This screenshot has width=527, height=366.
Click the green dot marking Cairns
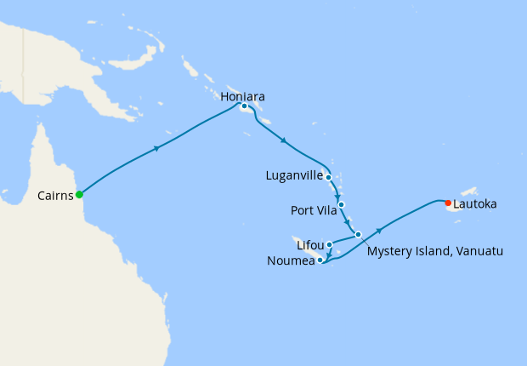tap(79, 194)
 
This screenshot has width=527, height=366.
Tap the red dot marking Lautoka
tap(448, 203)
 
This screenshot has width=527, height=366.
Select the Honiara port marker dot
tap(244, 106)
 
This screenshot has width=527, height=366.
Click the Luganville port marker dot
tap(328, 177)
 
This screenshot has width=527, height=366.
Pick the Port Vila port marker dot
tap(341, 204)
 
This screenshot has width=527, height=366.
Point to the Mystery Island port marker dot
tap(358, 234)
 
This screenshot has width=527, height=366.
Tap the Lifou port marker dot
tap(329, 244)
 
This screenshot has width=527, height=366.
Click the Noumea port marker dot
tap(320, 260)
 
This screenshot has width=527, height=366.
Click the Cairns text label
tap(55, 195)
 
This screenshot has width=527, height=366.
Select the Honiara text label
tap(242, 96)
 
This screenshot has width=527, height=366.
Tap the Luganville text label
tap(294, 176)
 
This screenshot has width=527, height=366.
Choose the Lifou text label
tap(310, 245)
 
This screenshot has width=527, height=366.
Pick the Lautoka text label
tap(475, 204)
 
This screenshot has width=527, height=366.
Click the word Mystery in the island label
tap(389, 252)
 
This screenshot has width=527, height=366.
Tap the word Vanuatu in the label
tap(478, 252)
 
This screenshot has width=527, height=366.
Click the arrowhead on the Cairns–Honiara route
tap(156, 148)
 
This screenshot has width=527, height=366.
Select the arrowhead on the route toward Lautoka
tap(378, 230)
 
